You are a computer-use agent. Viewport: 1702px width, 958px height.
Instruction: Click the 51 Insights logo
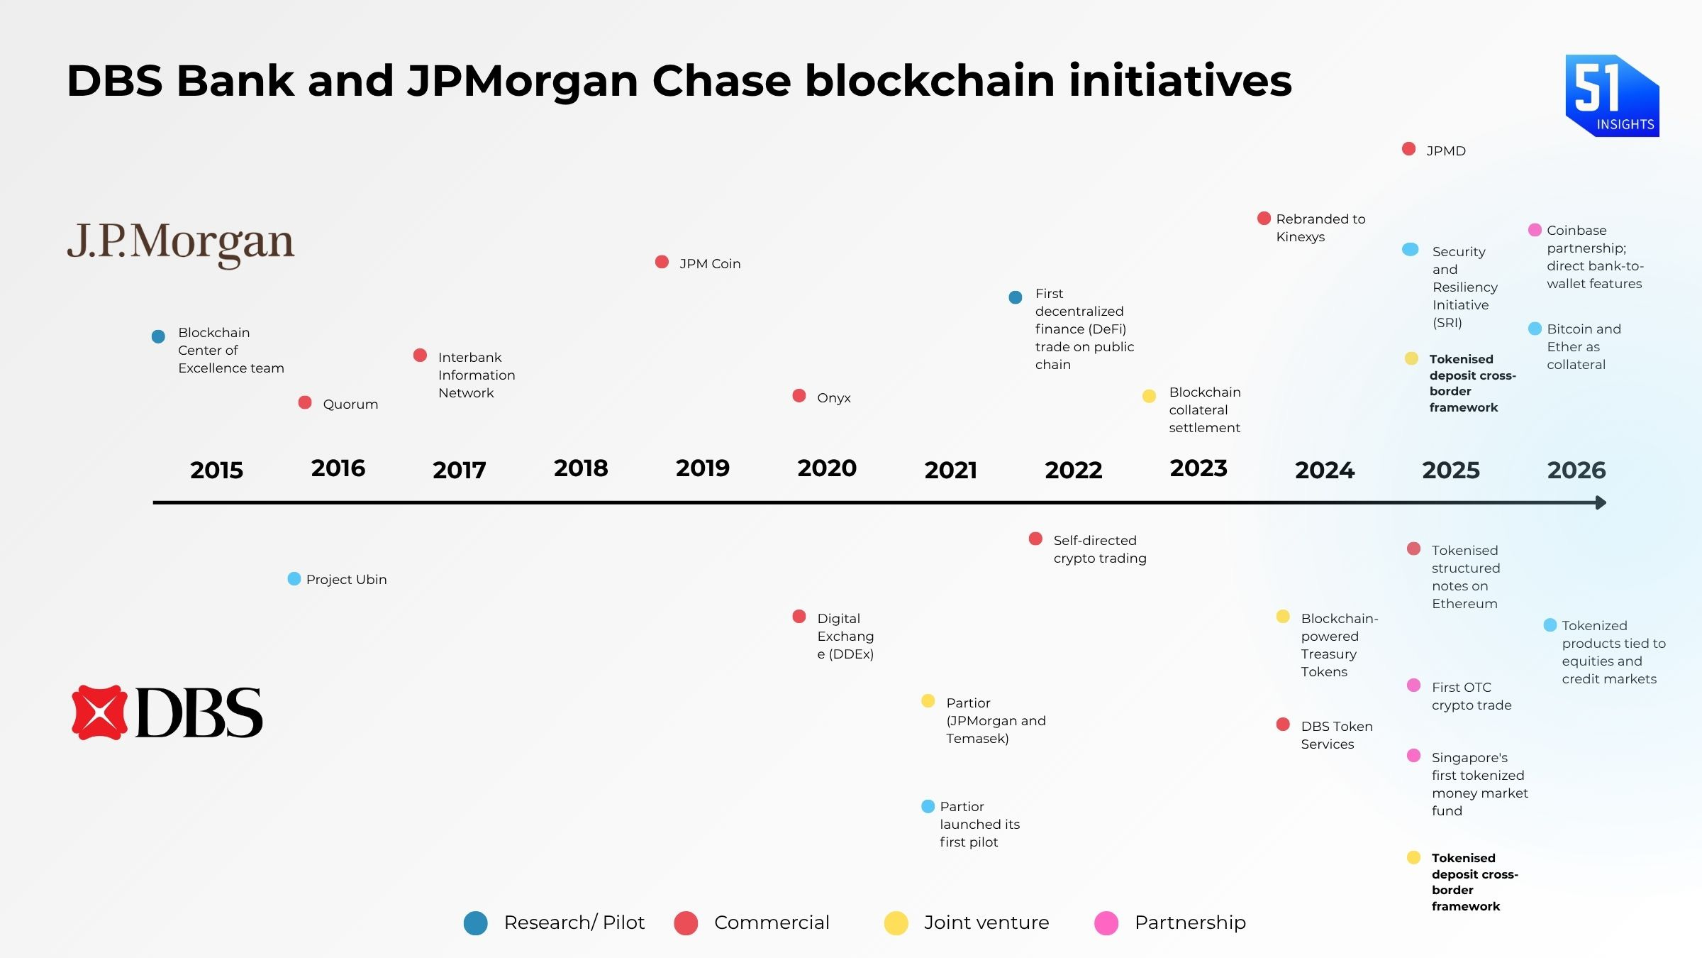pos(1611,96)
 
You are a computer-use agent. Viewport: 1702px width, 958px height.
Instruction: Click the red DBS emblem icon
pos(99,712)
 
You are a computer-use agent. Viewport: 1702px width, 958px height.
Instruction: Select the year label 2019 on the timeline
pos(702,468)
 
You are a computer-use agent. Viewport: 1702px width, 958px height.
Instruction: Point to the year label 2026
pos(1576,470)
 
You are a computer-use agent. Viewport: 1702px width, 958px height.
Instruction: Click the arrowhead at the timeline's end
pos(1601,502)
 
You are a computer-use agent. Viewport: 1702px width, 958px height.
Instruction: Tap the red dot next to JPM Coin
pos(662,262)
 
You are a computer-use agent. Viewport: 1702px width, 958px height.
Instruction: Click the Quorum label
pos(350,404)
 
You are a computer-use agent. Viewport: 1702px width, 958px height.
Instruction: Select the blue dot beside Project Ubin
pos(294,579)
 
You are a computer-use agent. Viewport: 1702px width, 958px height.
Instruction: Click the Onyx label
pos(833,398)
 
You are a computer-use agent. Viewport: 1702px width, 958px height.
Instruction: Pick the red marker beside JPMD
pos(1408,149)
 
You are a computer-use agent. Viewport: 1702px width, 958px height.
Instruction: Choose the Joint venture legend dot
pos(896,923)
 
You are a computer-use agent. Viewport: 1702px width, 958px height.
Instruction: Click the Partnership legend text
pos(1189,923)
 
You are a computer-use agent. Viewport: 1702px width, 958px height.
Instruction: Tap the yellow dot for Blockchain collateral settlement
pos(1149,396)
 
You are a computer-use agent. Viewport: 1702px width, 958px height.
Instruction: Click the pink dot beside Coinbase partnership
pos(1535,230)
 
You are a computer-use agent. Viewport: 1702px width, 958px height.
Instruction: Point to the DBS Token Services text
pos(1336,735)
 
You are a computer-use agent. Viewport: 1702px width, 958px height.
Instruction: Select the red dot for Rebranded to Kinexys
pos(1264,218)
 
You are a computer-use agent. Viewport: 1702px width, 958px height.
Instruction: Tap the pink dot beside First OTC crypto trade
pos(1413,686)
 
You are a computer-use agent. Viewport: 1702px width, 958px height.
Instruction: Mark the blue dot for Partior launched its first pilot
pos(928,806)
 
